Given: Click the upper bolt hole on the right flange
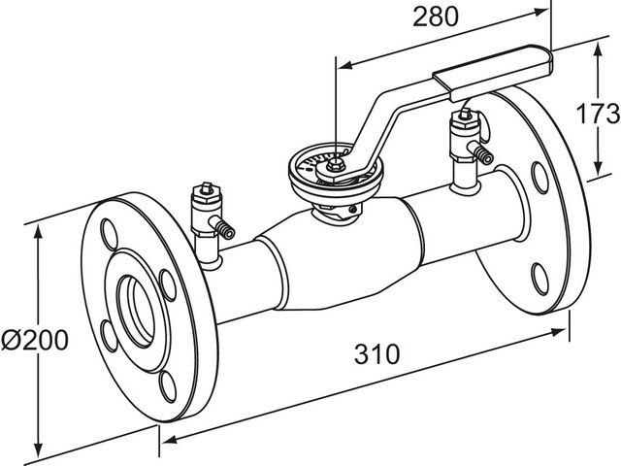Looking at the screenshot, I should tap(539, 176).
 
